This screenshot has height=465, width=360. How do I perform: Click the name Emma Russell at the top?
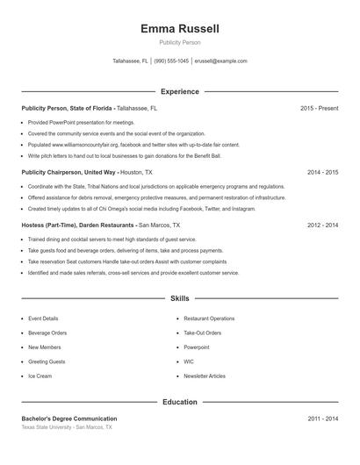click(180, 29)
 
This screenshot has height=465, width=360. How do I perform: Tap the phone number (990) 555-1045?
click(171, 61)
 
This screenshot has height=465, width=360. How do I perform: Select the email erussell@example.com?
click(220, 61)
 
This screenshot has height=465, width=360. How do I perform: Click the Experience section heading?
click(180, 91)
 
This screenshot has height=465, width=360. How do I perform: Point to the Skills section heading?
click(180, 299)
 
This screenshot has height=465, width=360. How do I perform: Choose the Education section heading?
click(180, 402)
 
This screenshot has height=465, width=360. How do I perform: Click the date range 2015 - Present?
click(319, 108)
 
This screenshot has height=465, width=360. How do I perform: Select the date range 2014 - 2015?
click(322, 173)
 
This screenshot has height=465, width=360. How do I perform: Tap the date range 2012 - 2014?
click(322, 225)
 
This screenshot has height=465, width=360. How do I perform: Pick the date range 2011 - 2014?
click(322, 418)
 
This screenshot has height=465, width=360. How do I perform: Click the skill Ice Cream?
click(40, 376)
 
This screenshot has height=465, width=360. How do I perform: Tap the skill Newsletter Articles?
click(204, 376)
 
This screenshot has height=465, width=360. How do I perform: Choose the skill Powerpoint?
click(197, 347)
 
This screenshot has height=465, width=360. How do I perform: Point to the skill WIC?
click(189, 361)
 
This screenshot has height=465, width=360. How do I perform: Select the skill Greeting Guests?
click(47, 361)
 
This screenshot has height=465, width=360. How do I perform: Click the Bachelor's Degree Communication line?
click(69, 418)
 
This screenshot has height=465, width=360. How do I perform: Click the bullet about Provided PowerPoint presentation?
click(81, 123)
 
